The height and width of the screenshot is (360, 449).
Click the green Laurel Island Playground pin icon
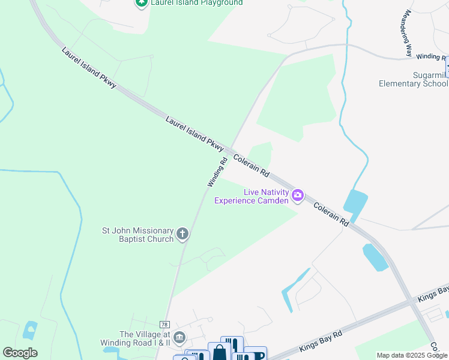click(141, 3)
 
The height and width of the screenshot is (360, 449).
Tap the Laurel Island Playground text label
click(196, 3)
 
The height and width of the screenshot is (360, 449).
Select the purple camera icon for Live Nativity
click(298, 195)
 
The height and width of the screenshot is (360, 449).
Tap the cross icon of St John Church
click(182, 234)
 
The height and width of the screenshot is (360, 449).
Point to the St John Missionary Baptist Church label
click(137, 235)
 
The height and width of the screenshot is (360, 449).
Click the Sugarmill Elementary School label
click(413, 79)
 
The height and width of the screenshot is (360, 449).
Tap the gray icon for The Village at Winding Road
click(179, 338)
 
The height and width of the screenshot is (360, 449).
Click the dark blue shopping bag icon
click(220, 352)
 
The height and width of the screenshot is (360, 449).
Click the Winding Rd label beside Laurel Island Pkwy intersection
click(217, 172)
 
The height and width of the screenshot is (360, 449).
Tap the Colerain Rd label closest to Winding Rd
click(252, 166)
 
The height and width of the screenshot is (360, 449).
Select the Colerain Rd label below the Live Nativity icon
click(331, 213)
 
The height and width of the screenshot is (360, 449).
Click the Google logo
click(20, 353)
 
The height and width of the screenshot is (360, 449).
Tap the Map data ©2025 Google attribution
click(411, 355)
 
